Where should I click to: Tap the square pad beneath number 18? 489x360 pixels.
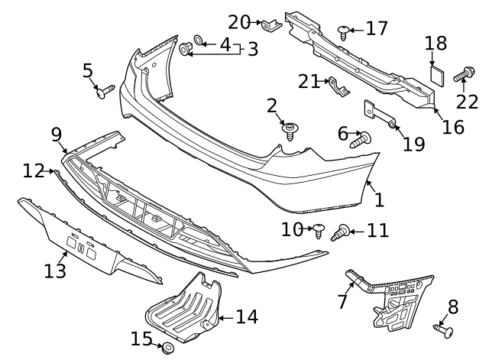[x=436, y=74]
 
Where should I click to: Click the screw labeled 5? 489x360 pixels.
[x=104, y=92]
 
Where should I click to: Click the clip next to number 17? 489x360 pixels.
[x=344, y=31]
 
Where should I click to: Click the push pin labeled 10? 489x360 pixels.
[x=320, y=228]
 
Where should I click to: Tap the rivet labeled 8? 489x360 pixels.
[x=442, y=330]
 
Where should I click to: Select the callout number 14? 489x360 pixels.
[x=246, y=316]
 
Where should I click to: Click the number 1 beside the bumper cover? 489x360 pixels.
[x=379, y=199]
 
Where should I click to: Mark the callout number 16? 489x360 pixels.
[x=452, y=126]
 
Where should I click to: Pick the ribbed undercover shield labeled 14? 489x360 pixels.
[x=183, y=310]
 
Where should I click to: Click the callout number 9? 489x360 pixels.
[x=57, y=135]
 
